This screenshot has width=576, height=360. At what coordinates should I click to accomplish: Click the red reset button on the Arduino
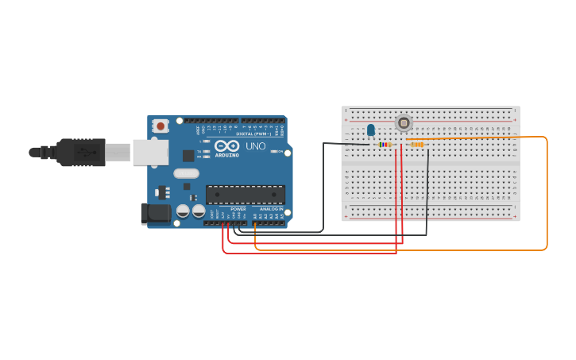click(x=160, y=126)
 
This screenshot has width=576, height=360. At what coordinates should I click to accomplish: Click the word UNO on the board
click(x=256, y=147)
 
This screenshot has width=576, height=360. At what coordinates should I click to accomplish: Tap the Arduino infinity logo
click(x=226, y=146)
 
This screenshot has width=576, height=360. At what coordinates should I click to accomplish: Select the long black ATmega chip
click(x=245, y=195)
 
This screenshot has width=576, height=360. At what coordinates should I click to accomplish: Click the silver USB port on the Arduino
click(x=150, y=152)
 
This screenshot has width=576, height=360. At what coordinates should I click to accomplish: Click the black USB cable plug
click(x=80, y=152)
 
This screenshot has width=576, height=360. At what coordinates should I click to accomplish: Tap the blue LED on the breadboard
click(x=370, y=130)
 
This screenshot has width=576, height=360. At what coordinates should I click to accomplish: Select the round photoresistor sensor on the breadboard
click(x=404, y=123)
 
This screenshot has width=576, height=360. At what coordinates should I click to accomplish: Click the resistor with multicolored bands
click(x=386, y=145)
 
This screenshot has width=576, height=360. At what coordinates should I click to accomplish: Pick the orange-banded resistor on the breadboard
click(x=416, y=144)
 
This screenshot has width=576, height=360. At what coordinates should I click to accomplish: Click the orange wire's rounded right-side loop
click(x=546, y=195)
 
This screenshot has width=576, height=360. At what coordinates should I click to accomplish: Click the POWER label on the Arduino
click(x=238, y=209)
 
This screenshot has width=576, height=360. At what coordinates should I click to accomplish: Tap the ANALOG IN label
click(x=271, y=209)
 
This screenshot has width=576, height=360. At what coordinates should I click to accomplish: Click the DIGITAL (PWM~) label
click(x=253, y=134)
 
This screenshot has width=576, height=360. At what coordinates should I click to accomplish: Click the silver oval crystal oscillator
click(x=186, y=173)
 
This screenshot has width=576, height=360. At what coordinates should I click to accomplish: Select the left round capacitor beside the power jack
click(x=184, y=211)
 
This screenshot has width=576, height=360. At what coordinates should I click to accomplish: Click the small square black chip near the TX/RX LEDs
click(x=188, y=156)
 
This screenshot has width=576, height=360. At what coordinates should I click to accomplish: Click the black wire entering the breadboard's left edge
click(x=334, y=144)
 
